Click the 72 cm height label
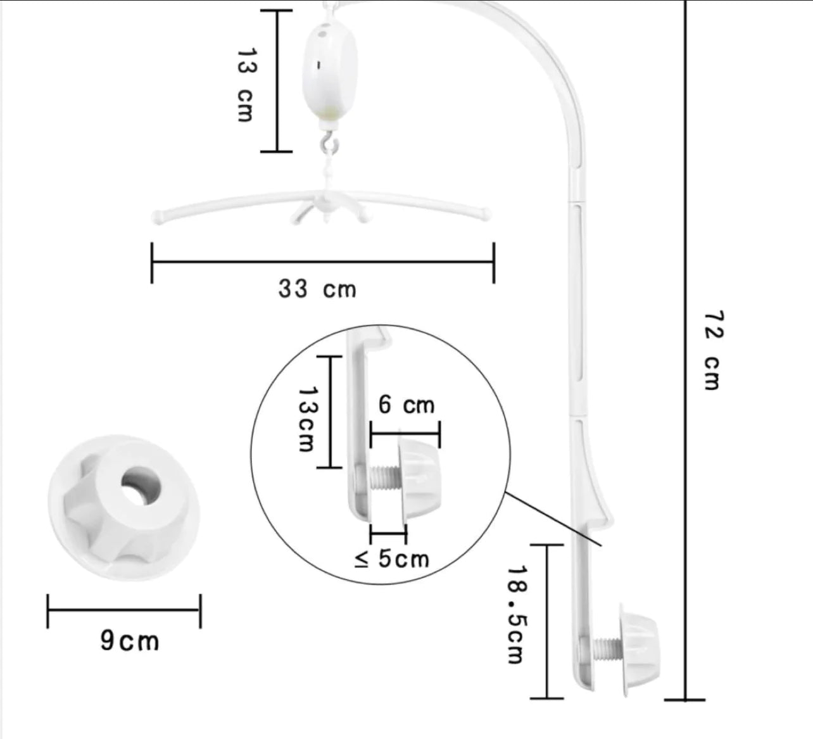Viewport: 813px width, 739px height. point(713,350)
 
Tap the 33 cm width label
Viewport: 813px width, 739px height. point(317,289)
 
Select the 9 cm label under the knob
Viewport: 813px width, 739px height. point(130,641)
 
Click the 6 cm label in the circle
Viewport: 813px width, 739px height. point(406,405)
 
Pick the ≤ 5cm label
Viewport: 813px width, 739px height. point(391,559)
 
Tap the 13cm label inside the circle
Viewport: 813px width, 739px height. point(307,419)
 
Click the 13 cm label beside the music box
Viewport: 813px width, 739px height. point(246,85)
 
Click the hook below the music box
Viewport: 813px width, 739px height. point(330,144)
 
